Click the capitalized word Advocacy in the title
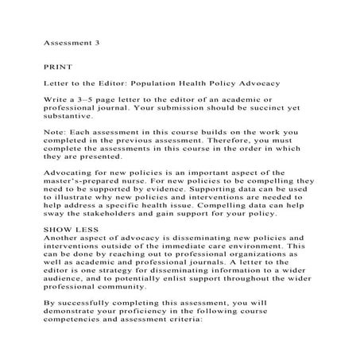point(292,83)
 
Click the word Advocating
point(73,195)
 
